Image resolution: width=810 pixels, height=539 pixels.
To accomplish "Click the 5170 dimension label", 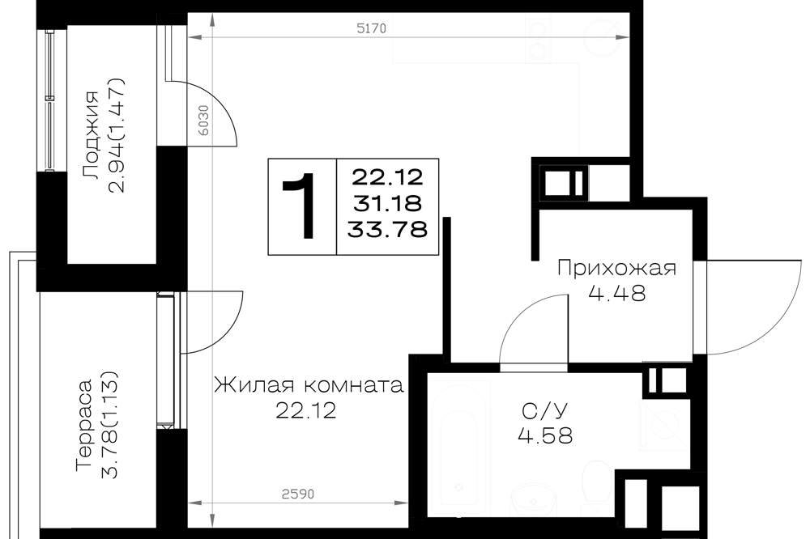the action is pos(372,28).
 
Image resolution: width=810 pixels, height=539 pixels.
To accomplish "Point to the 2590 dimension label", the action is pos(298,494).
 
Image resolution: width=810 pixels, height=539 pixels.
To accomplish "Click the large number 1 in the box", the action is pos(300,206).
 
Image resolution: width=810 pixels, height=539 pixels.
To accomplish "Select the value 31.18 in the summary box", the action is pos(387,204).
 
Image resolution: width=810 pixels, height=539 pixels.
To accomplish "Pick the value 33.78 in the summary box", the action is pos(387,229).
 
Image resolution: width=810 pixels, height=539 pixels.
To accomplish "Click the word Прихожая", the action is pos(616,269).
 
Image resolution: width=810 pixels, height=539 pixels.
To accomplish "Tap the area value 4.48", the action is pos(616,293).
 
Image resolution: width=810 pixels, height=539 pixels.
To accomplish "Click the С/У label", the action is pos(545,411).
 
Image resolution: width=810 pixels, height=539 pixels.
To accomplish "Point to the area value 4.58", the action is pos(545,435).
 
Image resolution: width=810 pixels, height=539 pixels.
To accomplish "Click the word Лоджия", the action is pos(91,135).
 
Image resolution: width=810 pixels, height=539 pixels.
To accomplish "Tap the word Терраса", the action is pos(84,426).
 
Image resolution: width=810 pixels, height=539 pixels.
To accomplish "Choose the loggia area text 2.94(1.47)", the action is pos(117,135).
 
